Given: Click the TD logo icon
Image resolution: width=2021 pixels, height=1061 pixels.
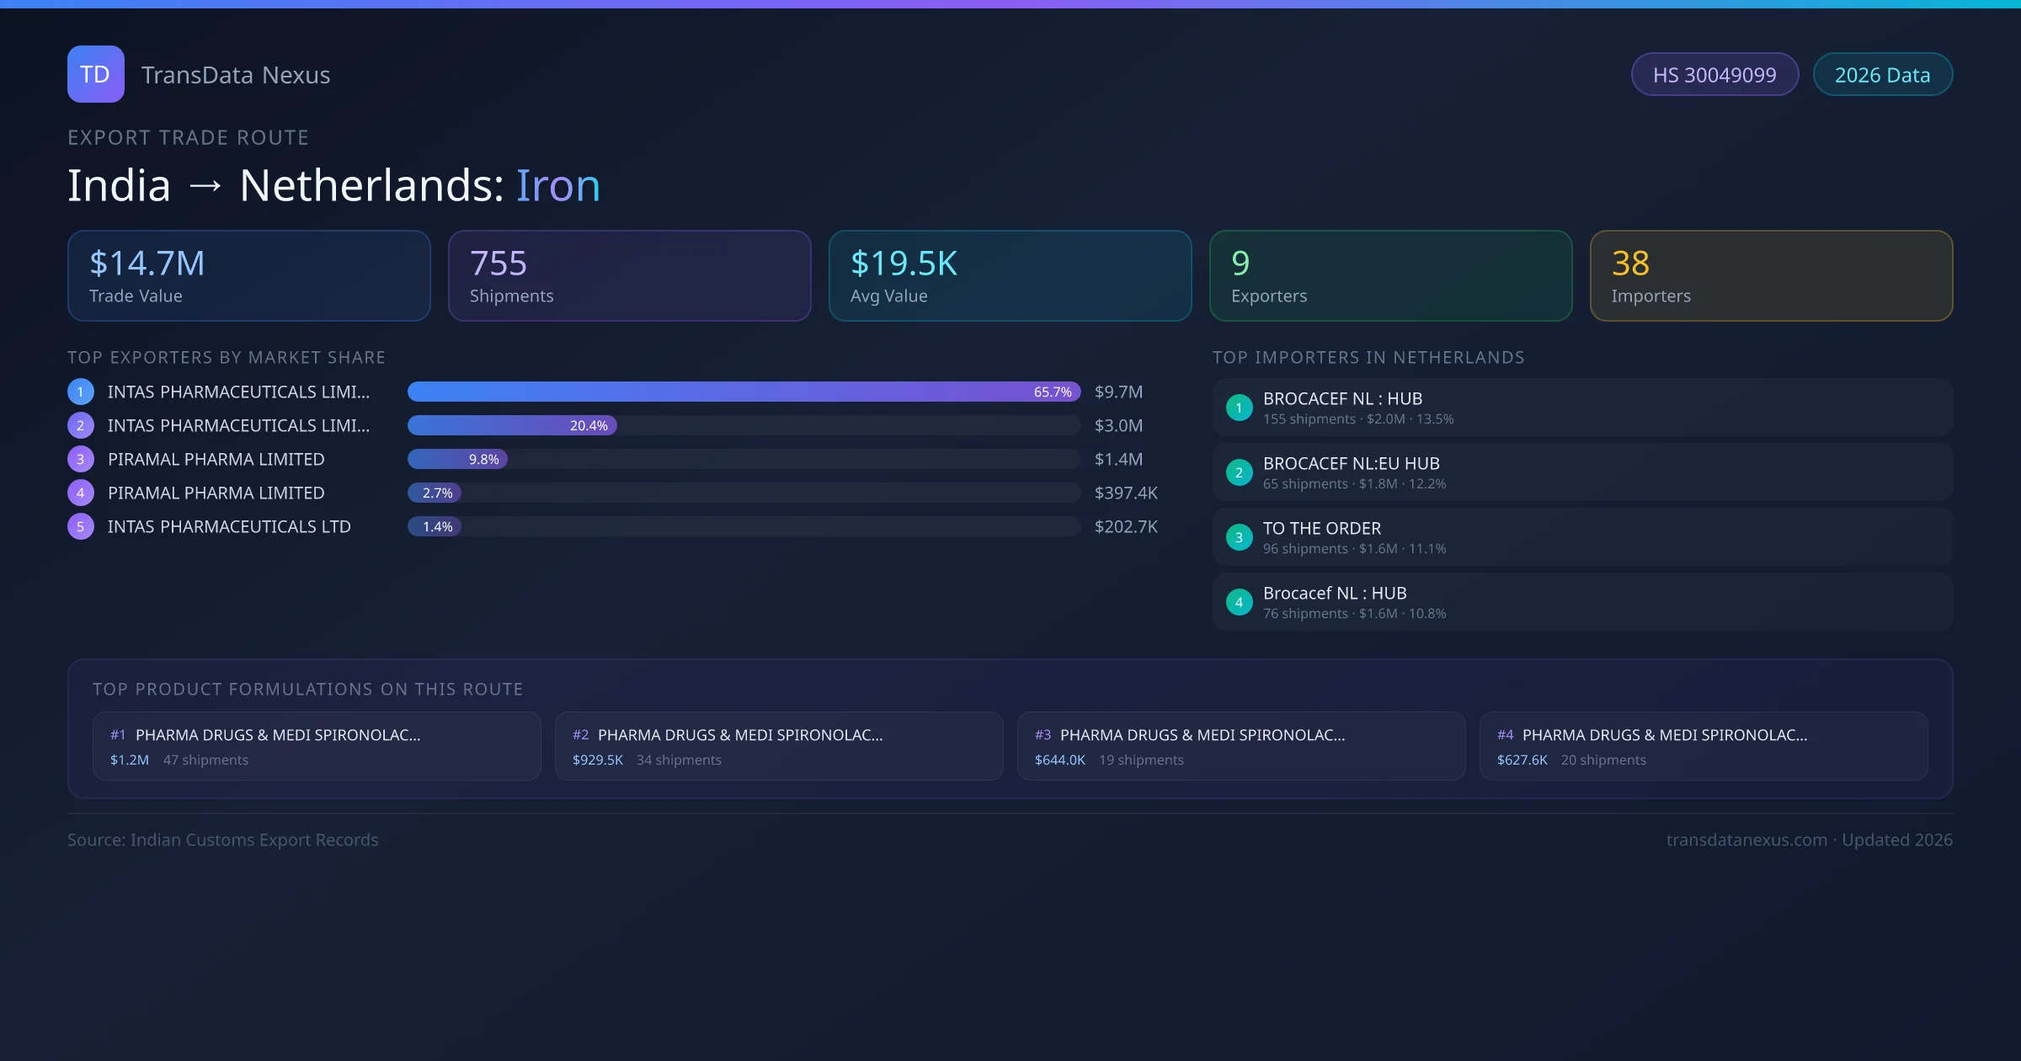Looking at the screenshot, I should point(96,74).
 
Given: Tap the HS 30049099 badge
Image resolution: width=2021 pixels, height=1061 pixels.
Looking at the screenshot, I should point(1714,75).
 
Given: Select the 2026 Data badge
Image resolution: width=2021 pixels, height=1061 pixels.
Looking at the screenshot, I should point(1882,75).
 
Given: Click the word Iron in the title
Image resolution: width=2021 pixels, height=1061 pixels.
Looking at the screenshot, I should point(557,185).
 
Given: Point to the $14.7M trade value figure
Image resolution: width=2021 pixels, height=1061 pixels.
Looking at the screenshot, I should point(147,264).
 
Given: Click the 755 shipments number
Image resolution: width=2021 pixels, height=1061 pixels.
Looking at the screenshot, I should point(499,264).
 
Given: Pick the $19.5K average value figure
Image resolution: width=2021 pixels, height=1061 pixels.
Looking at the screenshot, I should point(904,264).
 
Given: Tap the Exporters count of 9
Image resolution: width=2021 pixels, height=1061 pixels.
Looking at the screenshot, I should point(1240,264).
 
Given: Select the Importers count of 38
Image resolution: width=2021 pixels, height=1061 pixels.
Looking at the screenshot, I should point(1630,264).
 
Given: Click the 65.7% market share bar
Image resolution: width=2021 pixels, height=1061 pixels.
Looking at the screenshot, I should point(744,392).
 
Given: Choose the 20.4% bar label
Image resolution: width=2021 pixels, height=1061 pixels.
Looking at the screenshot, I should point(589,426).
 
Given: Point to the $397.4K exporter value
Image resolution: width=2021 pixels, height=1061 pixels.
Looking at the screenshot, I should point(1126,493).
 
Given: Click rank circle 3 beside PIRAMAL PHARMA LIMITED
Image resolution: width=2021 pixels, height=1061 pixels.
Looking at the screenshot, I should point(81,460).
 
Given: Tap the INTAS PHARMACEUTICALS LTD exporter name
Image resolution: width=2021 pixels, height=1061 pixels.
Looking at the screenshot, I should point(229,527).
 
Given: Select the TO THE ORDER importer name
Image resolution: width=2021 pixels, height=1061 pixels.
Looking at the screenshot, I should point(1322,529).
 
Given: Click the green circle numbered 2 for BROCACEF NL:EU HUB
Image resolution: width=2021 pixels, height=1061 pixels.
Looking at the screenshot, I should point(1239,473).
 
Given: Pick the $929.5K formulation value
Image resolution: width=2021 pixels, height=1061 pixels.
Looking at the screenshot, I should point(598,760).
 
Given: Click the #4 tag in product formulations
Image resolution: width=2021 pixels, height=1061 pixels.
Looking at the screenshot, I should point(1505,735).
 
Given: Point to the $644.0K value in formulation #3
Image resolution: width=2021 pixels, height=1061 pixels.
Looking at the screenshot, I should point(1060,760).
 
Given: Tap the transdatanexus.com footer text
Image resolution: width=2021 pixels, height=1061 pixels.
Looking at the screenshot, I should point(1746,840).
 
